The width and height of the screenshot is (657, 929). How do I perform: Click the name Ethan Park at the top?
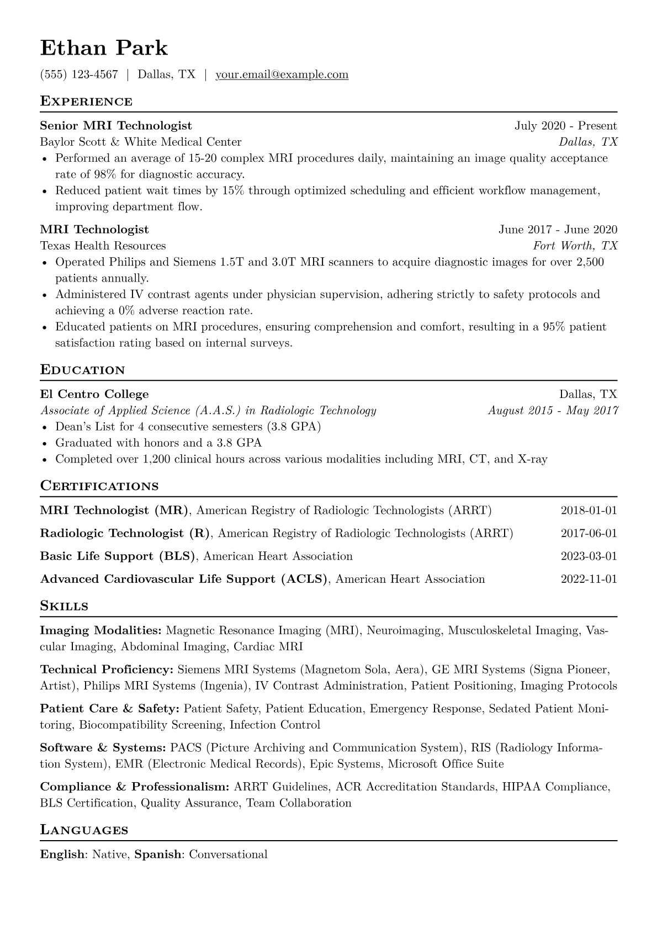(104, 48)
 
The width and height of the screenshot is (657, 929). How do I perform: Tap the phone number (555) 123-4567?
(79, 75)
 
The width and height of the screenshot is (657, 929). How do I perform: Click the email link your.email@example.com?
(282, 75)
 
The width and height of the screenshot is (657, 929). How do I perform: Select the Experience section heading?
(86, 102)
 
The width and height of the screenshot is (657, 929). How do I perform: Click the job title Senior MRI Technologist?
(116, 126)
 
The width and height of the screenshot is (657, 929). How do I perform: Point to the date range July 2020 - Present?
(565, 126)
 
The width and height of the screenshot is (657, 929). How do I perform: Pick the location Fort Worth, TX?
(575, 246)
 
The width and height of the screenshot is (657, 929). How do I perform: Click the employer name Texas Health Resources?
(103, 246)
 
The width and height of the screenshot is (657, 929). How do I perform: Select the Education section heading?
(83, 370)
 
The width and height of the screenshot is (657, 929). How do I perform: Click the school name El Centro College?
(94, 394)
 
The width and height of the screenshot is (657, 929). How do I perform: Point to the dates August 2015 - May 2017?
(553, 410)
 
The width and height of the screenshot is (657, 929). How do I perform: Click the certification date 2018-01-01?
(589, 510)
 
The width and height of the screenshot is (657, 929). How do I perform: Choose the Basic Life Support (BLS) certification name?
(118, 556)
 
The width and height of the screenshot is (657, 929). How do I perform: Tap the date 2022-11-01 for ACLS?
(589, 579)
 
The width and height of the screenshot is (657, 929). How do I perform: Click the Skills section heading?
(64, 606)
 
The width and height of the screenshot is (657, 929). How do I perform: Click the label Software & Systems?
(103, 748)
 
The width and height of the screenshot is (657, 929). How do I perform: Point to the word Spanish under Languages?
(158, 854)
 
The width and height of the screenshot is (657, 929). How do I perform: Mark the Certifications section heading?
(99, 486)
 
